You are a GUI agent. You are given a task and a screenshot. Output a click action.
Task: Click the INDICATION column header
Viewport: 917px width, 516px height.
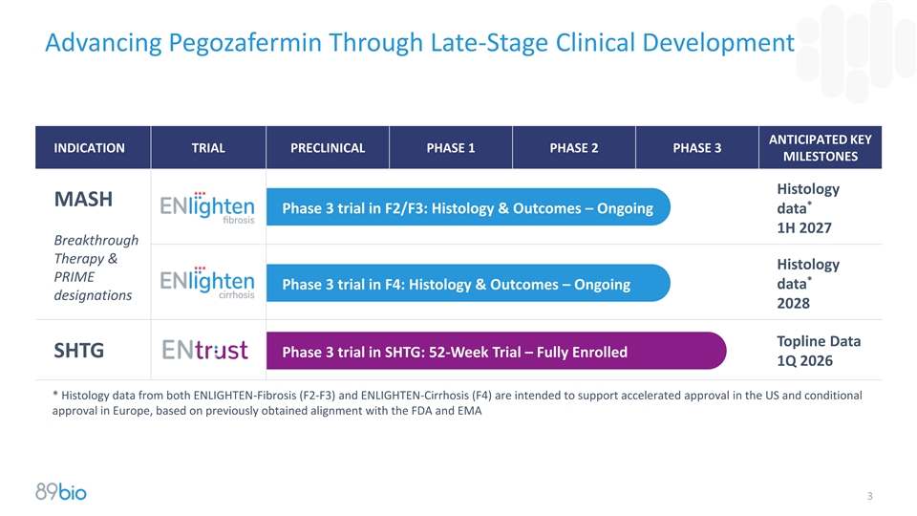(x=89, y=148)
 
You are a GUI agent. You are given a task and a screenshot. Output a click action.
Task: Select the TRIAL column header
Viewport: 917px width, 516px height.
(x=208, y=148)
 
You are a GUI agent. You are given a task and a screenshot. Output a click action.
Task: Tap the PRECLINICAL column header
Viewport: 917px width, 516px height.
(x=328, y=148)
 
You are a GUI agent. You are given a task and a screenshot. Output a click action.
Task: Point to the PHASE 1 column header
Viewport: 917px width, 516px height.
(x=450, y=148)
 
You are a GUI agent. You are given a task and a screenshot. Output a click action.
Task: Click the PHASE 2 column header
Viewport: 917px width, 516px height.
(x=574, y=148)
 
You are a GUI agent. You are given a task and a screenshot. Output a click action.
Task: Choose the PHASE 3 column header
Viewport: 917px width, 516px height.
(x=696, y=148)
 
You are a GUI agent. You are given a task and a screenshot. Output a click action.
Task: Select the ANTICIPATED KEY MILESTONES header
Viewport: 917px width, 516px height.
(x=820, y=148)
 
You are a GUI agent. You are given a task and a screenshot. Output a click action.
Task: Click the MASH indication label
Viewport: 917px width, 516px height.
(x=83, y=200)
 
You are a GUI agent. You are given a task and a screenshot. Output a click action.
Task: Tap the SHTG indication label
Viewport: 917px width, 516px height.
(x=79, y=351)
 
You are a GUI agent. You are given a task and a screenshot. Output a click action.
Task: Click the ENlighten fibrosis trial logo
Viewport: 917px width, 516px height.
(x=207, y=207)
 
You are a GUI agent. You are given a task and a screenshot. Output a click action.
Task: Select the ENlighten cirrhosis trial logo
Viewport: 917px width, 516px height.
(x=207, y=283)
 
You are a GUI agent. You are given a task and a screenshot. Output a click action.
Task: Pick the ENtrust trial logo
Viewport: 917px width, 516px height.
(x=204, y=350)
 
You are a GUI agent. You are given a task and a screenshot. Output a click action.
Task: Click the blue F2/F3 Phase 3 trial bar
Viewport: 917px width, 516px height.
(x=468, y=207)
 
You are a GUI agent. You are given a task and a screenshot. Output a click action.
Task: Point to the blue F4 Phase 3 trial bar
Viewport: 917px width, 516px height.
(x=468, y=283)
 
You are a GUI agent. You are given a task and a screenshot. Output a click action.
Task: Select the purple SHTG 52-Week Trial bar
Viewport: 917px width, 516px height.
(x=496, y=351)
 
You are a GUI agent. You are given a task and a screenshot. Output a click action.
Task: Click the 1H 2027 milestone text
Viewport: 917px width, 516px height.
(x=804, y=228)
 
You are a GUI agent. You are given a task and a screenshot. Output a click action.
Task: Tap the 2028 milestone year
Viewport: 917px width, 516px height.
(x=793, y=304)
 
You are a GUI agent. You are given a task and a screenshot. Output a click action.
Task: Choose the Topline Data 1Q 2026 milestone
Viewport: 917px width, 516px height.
(x=819, y=351)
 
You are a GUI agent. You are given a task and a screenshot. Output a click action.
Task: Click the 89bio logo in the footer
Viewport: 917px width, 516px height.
(x=61, y=491)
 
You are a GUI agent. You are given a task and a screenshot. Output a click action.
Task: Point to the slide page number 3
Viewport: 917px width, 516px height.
(x=869, y=496)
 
